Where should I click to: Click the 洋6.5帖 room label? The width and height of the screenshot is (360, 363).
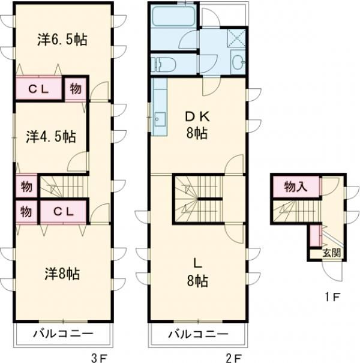click(62, 40)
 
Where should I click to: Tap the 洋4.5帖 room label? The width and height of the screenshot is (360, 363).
click(51, 136)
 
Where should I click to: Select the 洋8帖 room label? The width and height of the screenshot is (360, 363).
click(62, 274)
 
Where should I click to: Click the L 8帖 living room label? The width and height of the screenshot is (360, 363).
click(196, 272)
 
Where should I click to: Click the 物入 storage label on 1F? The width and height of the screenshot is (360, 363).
click(295, 187)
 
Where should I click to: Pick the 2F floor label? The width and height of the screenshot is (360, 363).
click(233, 358)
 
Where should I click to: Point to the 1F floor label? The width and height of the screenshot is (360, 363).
click(334, 296)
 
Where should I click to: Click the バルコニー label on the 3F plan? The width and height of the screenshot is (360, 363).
click(63, 334)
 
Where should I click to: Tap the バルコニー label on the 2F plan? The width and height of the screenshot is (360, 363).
click(198, 334)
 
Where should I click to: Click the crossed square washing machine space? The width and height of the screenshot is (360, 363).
click(236, 38)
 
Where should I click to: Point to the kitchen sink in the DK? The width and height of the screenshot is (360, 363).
click(160, 118)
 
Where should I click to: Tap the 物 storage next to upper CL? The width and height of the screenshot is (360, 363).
click(76, 89)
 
